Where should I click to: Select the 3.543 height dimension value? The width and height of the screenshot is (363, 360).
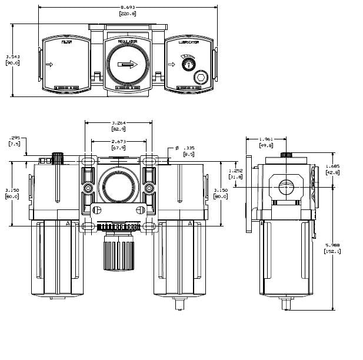[12, 56]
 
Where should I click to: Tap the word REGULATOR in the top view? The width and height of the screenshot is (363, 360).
[128, 42]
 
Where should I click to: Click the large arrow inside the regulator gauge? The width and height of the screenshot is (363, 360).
[126, 65]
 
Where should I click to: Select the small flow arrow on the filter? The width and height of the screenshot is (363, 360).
[49, 65]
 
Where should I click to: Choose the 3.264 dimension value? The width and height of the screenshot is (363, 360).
[119, 124]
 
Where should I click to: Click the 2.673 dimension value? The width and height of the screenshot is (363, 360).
[119, 142]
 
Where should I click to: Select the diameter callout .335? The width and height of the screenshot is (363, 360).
[189, 149]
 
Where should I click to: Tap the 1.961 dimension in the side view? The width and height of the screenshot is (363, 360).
[266, 139]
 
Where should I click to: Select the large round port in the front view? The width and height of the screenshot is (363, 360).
[119, 189]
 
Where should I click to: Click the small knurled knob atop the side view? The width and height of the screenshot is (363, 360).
[287, 155]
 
